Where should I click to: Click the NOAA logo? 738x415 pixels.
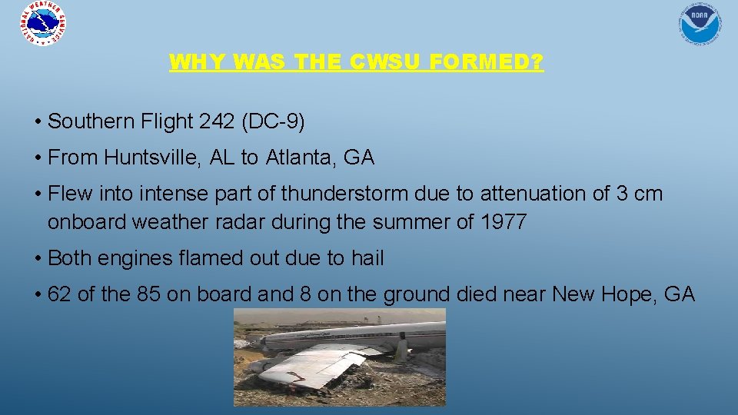click(699, 23)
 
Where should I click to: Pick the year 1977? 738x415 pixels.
click(503, 223)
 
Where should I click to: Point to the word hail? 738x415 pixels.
click(367, 258)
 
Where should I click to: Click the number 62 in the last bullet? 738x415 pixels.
click(58, 294)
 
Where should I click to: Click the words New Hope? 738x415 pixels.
click(600, 294)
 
